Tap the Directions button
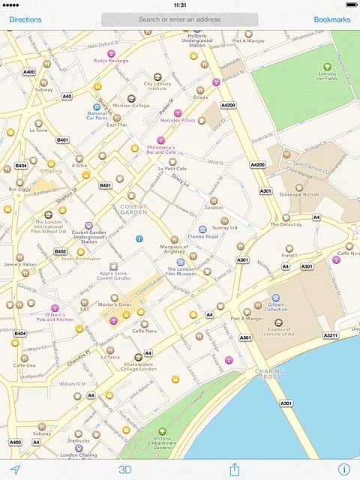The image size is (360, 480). tap(25, 19)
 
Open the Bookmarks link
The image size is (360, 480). tap(331, 19)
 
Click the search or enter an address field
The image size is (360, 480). tap(179, 19)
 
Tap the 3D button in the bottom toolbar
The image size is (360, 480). tap(124, 469)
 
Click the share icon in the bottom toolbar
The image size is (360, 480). tap(234, 469)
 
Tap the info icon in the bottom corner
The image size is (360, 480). tap(343, 469)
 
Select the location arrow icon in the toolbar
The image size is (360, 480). tap(14, 469)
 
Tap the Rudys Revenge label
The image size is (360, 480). tap(111, 60)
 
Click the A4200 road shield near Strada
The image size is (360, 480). tap(228, 105)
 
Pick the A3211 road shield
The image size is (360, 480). tap(331, 335)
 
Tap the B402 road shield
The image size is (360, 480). tap(61, 252)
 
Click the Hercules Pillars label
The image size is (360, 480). tap(178, 120)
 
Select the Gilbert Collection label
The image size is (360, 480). tap(276, 306)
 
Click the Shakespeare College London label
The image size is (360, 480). tap(137, 368)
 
